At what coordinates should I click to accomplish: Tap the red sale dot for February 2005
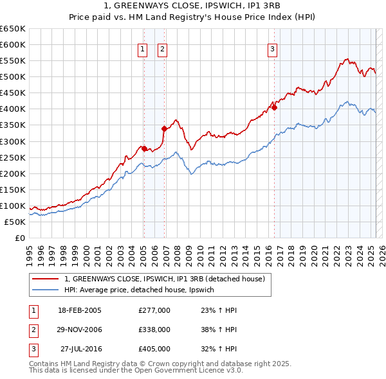144,148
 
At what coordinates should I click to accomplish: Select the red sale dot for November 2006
164,128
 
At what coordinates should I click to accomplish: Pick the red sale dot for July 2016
274,107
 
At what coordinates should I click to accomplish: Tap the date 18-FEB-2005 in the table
80,310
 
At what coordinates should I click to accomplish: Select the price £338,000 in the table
154,330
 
